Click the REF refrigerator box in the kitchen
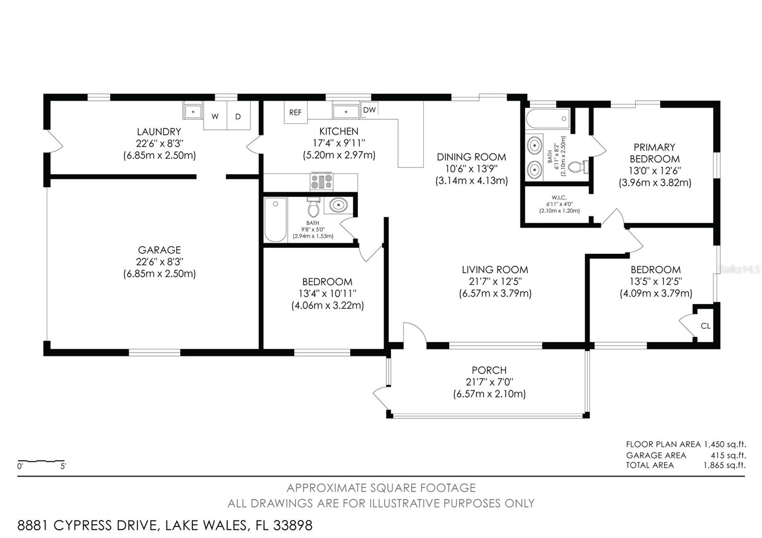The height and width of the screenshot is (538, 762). click(295, 112)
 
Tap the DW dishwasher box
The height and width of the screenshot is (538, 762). click(369, 110)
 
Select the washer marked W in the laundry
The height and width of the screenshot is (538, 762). click(215, 116)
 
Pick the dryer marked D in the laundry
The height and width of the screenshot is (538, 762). click(238, 116)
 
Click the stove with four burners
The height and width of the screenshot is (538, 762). click(322, 182)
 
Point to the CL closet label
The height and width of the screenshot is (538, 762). click(705, 326)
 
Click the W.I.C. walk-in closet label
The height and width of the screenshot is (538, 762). click(559, 197)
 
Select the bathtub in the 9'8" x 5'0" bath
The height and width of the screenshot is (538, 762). click(275, 220)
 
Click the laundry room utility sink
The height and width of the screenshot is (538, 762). click(193, 111)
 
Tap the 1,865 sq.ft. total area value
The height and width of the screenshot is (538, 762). click(724, 465)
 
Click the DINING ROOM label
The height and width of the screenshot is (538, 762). click(471, 157)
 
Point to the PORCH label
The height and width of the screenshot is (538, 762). click(489, 370)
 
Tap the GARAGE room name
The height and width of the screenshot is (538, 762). click(159, 249)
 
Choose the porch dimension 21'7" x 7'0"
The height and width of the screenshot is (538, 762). click(489, 382)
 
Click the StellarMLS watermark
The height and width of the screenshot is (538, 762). click(739, 269)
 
